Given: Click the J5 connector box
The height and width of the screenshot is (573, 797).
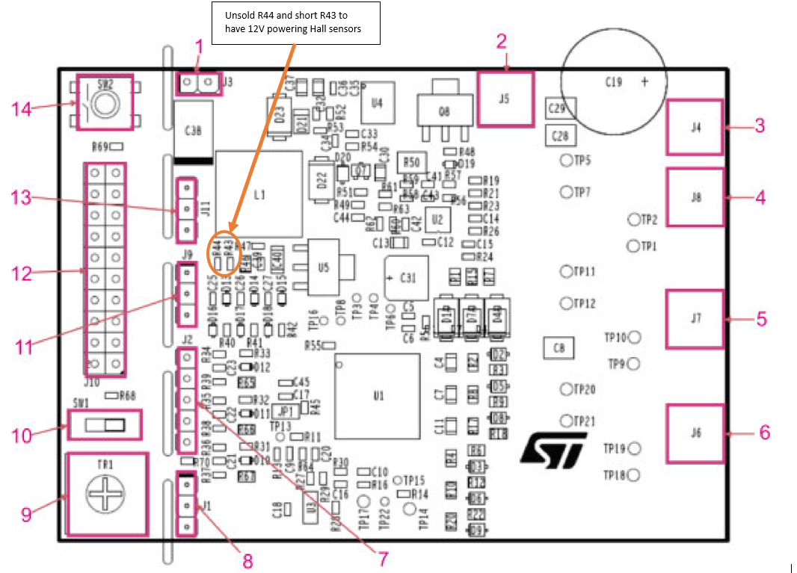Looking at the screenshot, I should tap(505, 98).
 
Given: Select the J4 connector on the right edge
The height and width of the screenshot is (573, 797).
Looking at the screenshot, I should tap(695, 127).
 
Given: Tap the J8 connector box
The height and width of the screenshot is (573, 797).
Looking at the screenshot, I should tap(695, 197).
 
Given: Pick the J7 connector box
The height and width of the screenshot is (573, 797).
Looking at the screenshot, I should tap(695, 318).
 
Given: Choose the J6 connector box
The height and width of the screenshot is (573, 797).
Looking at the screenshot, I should tap(695, 433).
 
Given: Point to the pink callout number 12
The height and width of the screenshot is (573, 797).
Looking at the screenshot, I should tap(23, 274).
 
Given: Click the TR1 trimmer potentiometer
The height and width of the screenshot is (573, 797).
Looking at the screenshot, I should tap(106, 494).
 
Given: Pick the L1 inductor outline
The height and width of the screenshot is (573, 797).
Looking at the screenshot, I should tap(259, 194).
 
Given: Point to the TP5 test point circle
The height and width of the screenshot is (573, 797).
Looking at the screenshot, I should tap(567, 160).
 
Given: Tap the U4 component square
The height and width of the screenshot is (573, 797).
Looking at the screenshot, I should tap(378, 102).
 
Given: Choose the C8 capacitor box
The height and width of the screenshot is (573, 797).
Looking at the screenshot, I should tap(558, 347).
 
